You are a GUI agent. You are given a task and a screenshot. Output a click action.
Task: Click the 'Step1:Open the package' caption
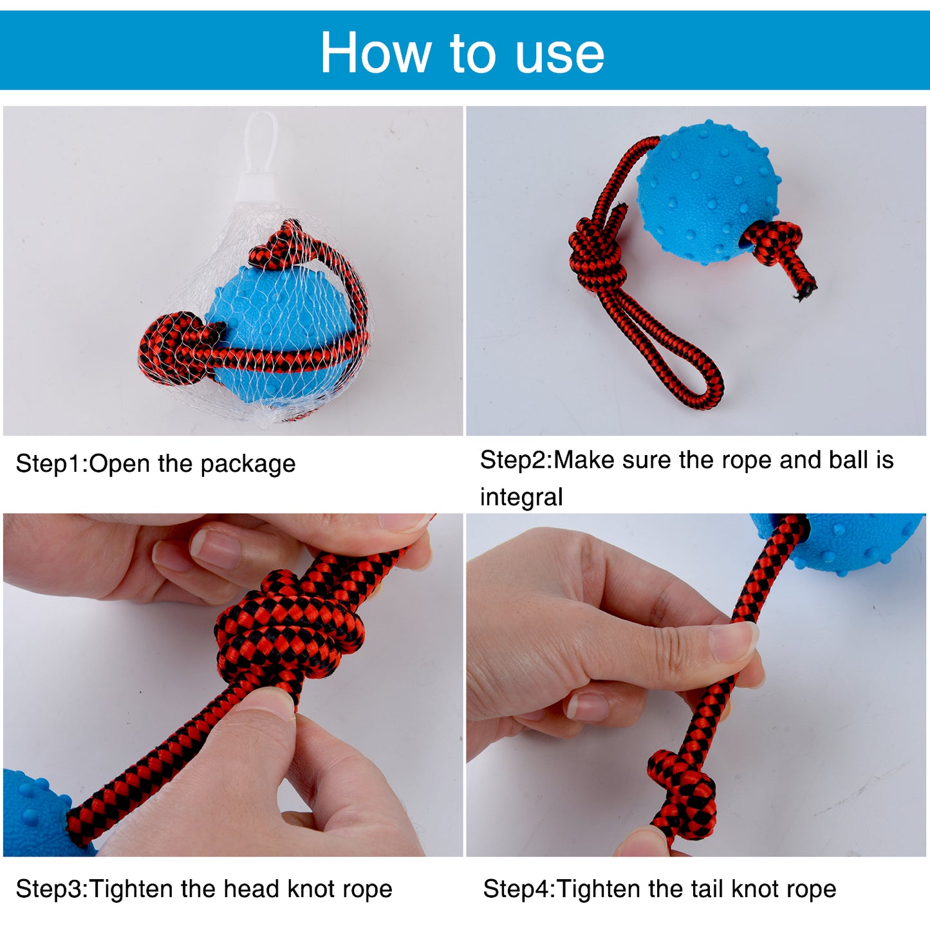click(x=155, y=464)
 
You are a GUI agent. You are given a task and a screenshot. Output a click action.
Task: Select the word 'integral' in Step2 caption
click(x=521, y=498)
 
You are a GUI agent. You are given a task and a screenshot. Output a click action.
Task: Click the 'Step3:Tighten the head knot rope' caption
click(x=204, y=889)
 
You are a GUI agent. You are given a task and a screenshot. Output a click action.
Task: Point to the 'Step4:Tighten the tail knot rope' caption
click(x=660, y=889)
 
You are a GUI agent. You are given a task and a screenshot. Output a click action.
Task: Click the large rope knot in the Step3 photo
click(x=290, y=634)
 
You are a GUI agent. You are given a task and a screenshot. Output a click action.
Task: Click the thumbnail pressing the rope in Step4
click(x=734, y=642)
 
